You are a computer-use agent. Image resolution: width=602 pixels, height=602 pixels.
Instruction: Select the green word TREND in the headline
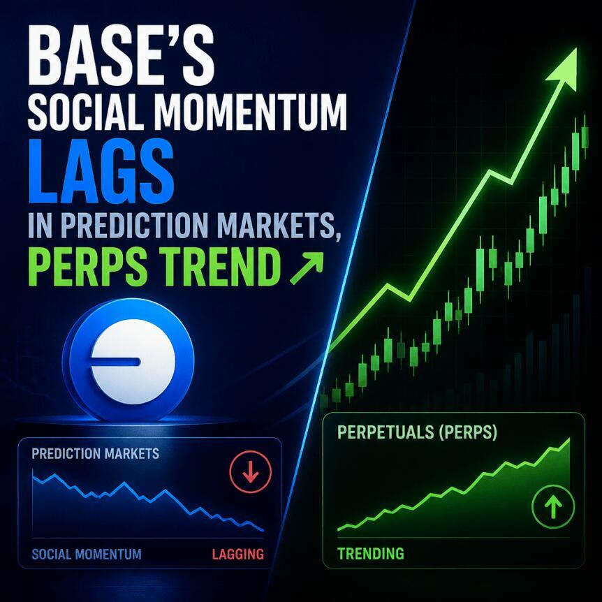(x=219, y=265)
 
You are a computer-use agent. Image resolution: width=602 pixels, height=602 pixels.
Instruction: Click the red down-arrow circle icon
(x=250, y=471)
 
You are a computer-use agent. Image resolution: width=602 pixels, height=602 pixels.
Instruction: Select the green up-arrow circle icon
(x=553, y=506)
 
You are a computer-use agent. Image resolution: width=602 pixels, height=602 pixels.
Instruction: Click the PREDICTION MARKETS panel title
(x=95, y=453)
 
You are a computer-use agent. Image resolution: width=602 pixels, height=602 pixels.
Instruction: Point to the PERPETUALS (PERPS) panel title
(x=417, y=432)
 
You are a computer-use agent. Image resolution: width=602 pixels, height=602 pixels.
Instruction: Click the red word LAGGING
(x=238, y=554)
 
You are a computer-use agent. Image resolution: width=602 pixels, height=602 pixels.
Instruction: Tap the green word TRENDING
(x=371, y=553)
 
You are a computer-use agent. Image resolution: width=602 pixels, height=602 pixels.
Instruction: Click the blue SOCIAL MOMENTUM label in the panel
(x=87, y=554)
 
